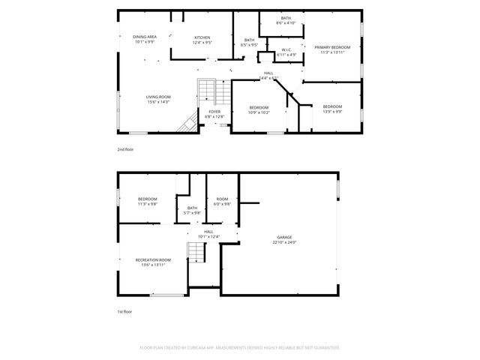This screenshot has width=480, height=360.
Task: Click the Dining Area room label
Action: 145,39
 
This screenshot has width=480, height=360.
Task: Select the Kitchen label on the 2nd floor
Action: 202,40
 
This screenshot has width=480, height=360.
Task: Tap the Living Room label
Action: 158,99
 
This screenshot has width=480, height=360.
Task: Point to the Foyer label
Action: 214,114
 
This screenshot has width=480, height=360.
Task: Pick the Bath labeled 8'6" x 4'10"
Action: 286,20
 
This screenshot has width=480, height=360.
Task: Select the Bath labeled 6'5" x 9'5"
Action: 249,42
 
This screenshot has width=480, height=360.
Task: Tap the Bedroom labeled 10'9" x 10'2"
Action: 259,109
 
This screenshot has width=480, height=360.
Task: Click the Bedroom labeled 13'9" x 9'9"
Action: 332,109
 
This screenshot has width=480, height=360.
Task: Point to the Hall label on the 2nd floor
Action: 268,75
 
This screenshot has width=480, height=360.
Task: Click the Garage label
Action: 284,239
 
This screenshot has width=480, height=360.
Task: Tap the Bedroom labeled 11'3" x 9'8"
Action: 147,201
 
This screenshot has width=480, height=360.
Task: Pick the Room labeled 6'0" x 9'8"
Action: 223,201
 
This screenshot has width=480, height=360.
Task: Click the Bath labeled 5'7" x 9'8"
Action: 193,210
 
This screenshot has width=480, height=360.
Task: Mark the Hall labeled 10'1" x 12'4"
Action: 208,234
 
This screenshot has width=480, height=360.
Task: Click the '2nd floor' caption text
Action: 126,150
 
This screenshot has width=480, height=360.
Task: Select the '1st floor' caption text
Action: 124,311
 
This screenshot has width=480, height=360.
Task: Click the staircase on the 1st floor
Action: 196,253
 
